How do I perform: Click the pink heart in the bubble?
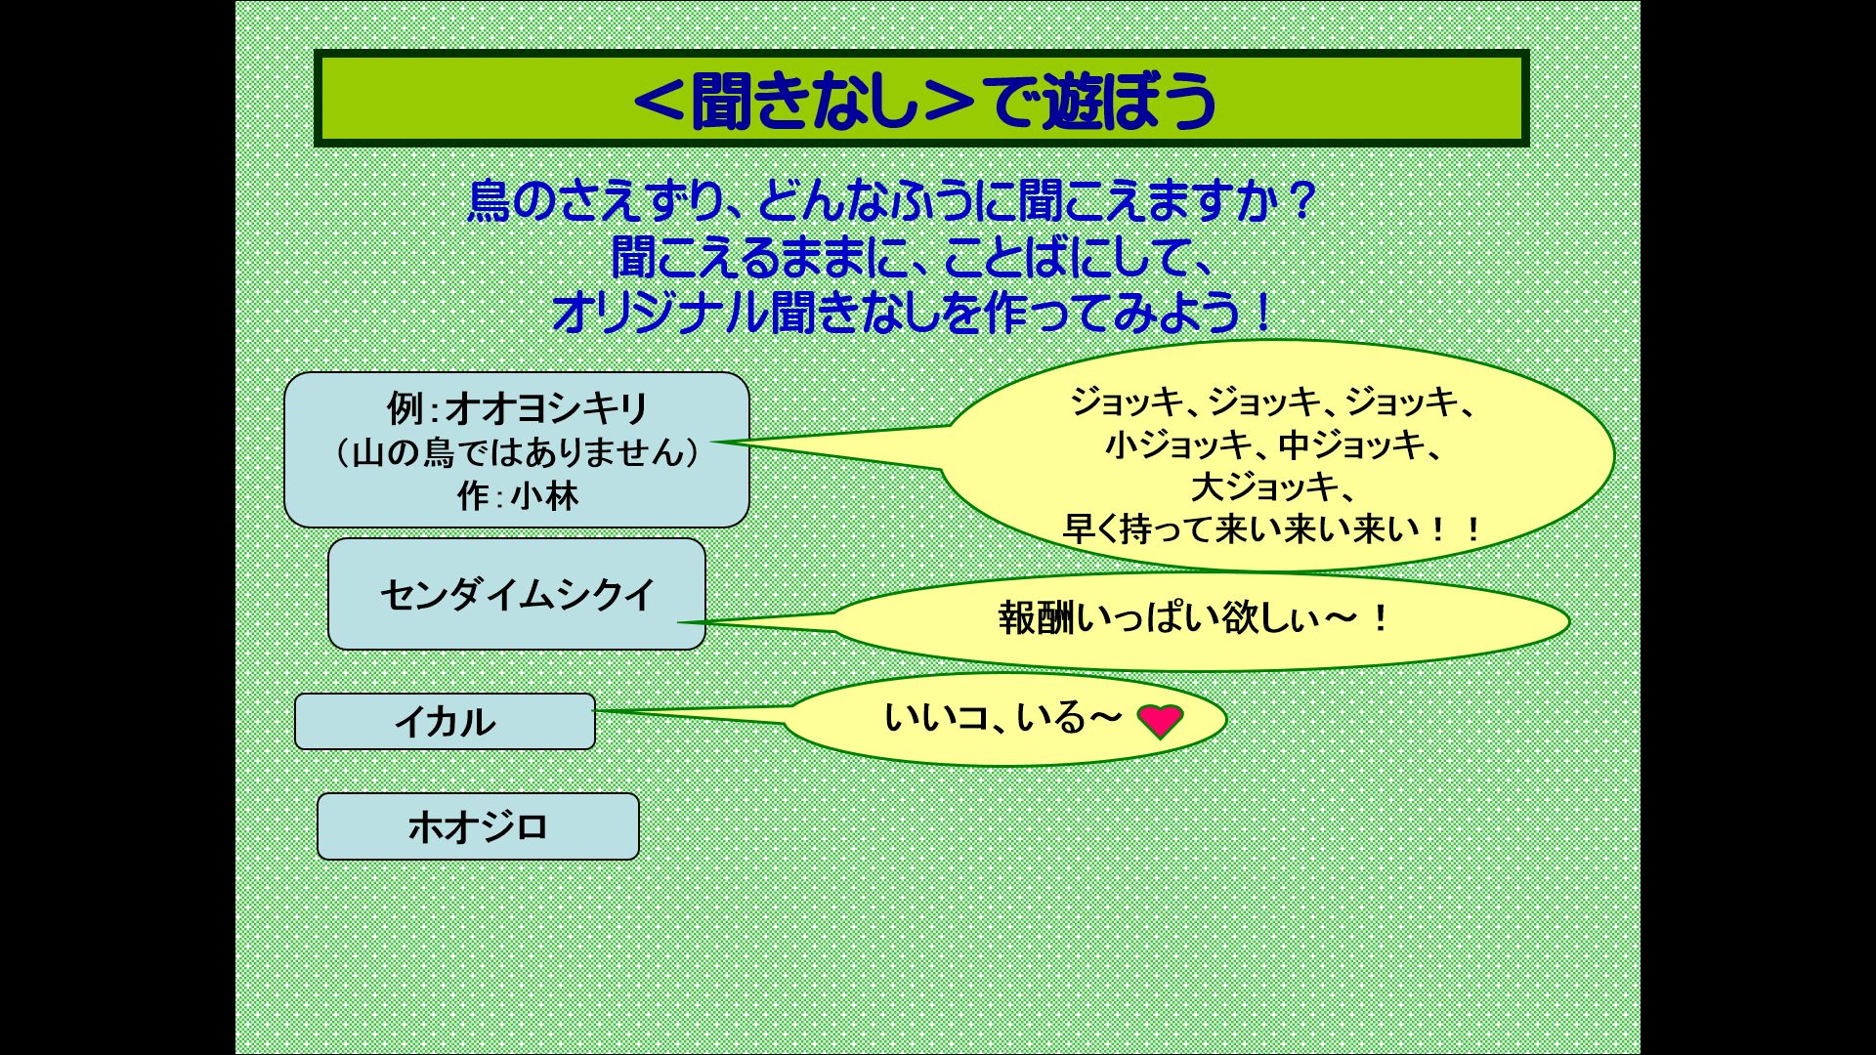1160,721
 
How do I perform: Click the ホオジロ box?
478,826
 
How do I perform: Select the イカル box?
445,722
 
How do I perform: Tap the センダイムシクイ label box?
517,594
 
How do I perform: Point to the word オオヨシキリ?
547,408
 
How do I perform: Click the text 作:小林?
518,496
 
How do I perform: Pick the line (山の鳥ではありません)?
517,452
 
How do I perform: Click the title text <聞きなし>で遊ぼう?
924,100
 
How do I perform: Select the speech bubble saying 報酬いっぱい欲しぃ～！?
1200,621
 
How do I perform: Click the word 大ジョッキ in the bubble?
1264,486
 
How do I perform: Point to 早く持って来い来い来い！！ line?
1272,529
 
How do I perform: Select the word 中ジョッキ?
1351,445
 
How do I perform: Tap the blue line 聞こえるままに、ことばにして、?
913,258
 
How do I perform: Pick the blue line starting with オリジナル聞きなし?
913,314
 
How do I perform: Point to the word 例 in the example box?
405,408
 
